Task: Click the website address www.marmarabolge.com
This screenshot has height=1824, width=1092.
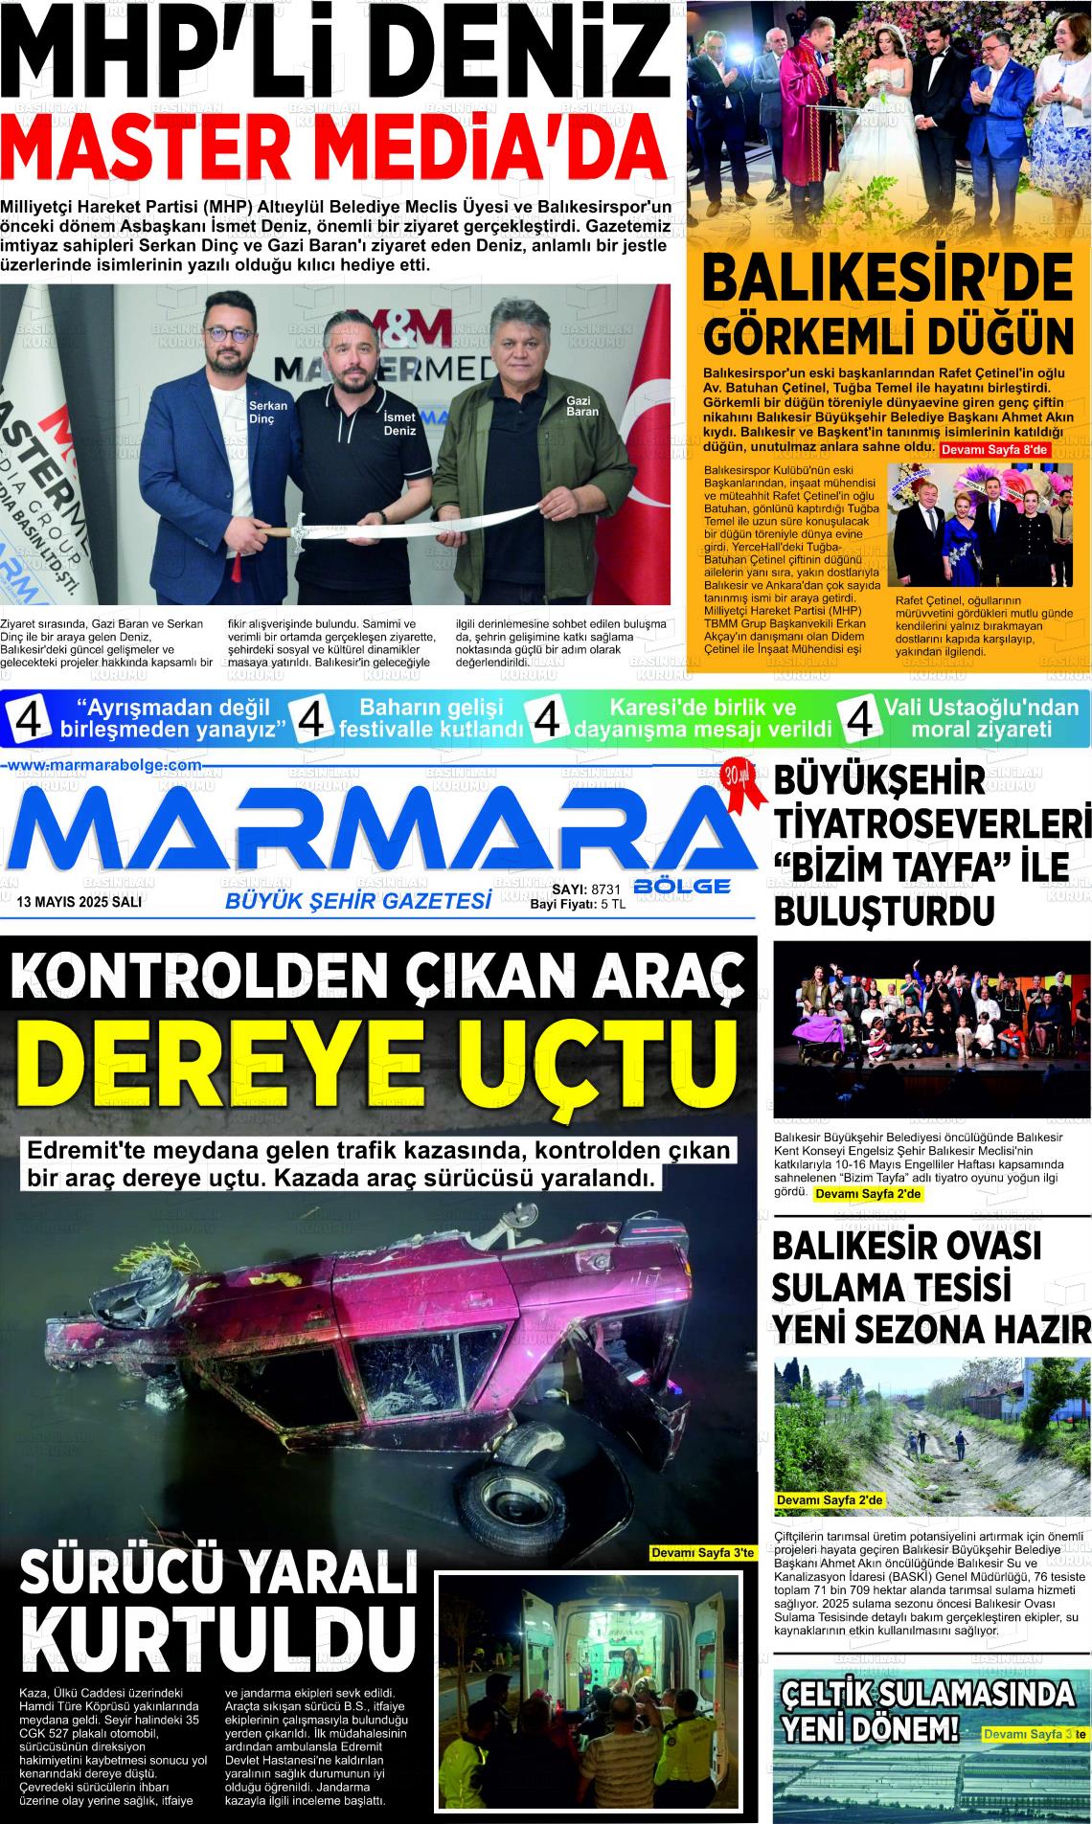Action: point(104,765)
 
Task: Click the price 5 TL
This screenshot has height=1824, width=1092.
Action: point(613,903)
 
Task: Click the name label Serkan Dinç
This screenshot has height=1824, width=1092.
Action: point(268,413)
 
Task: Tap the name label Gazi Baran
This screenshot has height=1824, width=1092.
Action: point(582,405)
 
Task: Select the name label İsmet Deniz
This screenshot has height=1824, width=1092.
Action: point(399,425)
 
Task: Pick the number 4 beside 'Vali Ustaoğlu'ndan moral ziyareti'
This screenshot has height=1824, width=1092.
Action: point(859,719)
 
